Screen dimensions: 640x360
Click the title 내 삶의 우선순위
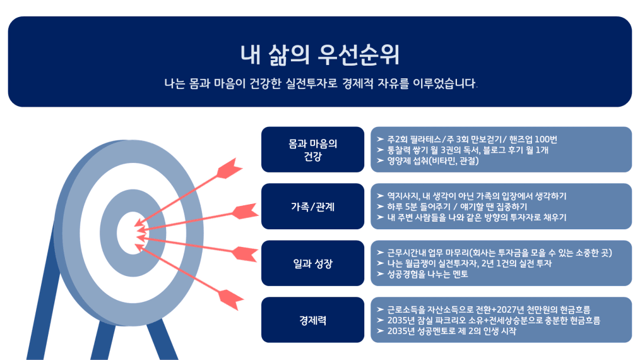319,55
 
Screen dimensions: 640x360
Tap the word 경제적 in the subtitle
357,84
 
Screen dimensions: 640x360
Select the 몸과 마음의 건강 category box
312,150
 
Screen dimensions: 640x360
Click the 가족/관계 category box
312,207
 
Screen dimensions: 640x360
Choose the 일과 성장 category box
312,263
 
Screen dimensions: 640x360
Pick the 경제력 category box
312,320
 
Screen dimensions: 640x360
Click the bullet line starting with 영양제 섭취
428,160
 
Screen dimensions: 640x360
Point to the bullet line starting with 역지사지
471,196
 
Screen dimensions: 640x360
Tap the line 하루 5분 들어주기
452,207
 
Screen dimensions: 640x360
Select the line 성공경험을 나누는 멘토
422,274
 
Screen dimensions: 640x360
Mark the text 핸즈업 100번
533,140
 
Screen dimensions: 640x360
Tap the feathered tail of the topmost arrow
230,168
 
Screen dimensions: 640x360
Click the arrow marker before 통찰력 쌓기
381,150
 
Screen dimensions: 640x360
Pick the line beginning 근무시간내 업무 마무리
494,253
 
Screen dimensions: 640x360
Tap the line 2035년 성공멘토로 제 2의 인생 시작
446,331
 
